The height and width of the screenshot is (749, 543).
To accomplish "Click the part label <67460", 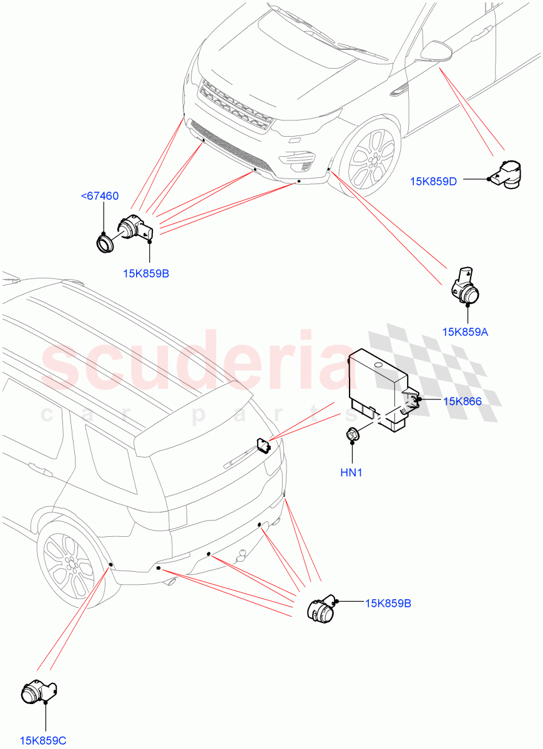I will point(100,197).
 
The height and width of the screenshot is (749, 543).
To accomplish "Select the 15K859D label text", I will point(433,182).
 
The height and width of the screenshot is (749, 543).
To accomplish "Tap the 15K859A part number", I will point(465,332).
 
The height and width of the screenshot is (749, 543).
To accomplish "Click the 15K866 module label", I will point(462,401).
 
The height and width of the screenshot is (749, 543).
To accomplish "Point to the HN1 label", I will point(351,473).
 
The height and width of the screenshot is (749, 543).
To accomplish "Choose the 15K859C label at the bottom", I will point(42,741).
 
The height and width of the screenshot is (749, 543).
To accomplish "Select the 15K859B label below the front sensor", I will point(146,273).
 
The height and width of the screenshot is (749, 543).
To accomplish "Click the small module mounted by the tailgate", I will point(262,444).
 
